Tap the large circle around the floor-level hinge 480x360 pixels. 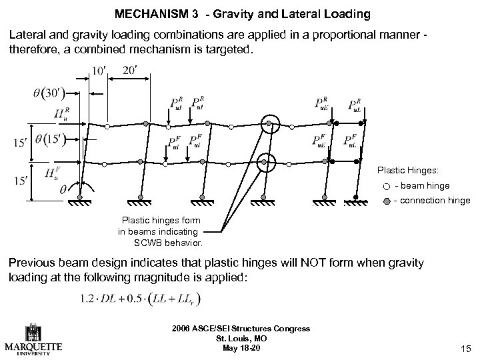point(267,161)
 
